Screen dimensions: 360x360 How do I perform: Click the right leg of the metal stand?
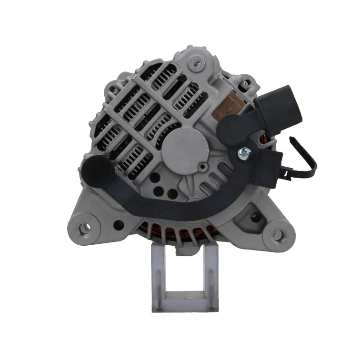pyautogui.click(x=211, y=276)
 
